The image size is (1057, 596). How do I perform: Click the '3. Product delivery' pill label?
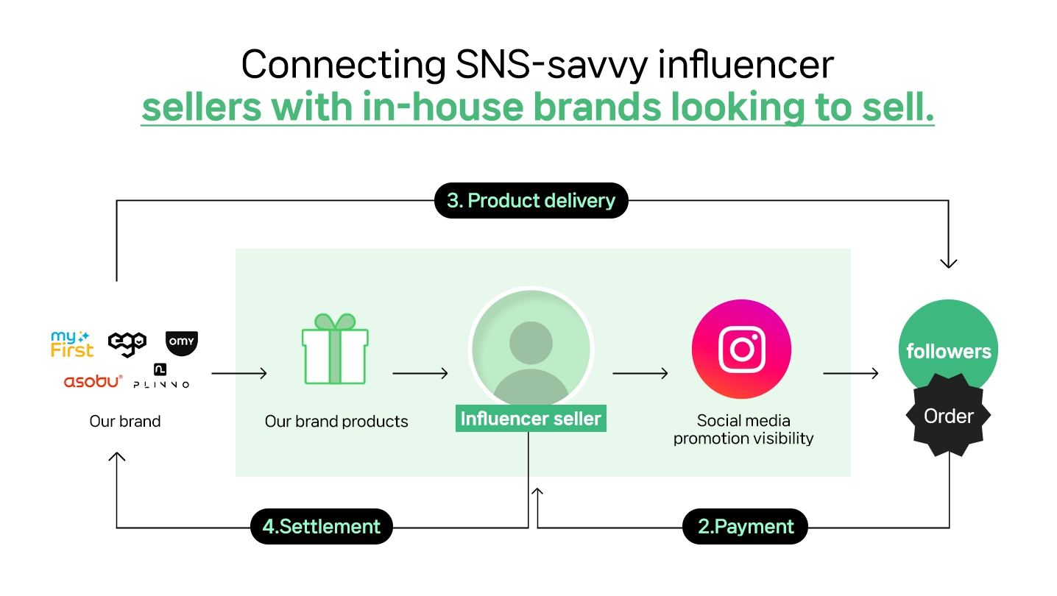pyautogui.click(x=531, y=200)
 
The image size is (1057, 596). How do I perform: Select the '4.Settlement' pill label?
pyautogui.click(x=322, y=526)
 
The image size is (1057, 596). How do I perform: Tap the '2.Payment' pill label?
pyautogui.click(x=745, y=526)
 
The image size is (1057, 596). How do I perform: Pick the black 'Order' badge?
pyautogui.click(x=949, y=416)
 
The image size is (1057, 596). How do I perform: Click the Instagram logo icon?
pyautogui.click(x=741, y=350)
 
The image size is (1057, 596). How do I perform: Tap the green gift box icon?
pyautogui.click(x=335, y=349)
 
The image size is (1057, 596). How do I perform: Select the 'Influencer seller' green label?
pyautogui.click(x=531, y=418)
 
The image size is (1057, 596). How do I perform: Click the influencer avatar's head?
pyautogui.click(x=531, y=343)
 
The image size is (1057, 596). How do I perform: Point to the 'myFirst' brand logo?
pyautogui.click(x=72, y=344)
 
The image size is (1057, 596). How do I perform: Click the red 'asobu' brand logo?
pyautogui.click(x=93, y=381)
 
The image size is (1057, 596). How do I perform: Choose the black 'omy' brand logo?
pyautogui.click(x=182, y=343)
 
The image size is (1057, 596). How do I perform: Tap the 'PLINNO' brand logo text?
pyautogui.click(x=161, y=385)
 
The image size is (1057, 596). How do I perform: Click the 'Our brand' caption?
pyautogui.click(x=125, y=421)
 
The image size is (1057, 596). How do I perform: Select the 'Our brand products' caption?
pyautogui.click(x=336, y=421)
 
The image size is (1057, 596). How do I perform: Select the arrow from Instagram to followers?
pyautogui.click(x=850, y=374)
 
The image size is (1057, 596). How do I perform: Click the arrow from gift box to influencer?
pyautogui.click(x=420, y=374)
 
